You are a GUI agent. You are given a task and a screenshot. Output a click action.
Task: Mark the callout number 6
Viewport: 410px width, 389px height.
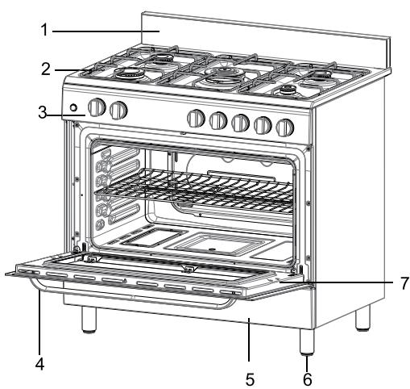[306, 379]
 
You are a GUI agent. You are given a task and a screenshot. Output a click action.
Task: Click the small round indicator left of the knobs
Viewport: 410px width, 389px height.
[74, 108]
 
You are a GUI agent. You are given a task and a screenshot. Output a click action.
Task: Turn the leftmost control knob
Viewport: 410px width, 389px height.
[97, 108]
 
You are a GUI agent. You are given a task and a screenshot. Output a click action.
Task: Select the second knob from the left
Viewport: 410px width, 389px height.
[119, 110]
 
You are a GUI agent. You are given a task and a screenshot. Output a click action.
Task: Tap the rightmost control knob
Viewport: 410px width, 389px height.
[284, 127]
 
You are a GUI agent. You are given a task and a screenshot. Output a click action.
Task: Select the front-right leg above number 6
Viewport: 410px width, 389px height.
[306, 344]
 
